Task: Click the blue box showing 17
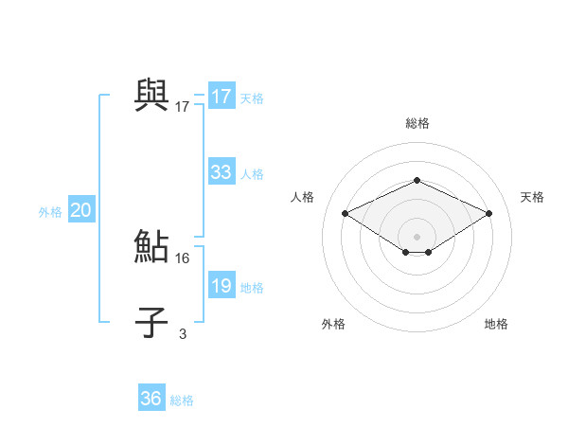(x=221, y=97)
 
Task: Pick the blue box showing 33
(x=221, y=172)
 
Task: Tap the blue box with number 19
(x=221, y=286)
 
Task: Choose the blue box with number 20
(x=80, y=210)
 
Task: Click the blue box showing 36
(x=151, y=399)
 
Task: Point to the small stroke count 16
(x=183, y=258)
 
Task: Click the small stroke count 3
(x=183, y=333)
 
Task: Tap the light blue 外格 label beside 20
(x=50, y=212)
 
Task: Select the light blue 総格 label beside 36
(x=182, y=400)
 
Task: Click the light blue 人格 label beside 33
(x=252, y=174)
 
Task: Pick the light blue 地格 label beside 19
(x=252, y=288)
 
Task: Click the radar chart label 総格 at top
(x=417, y=123)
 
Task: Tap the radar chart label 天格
(x=532, y=197)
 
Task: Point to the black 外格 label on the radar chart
(x=333, y=324)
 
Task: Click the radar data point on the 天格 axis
(x=488, y=214)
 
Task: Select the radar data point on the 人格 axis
(x=346, y=214)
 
